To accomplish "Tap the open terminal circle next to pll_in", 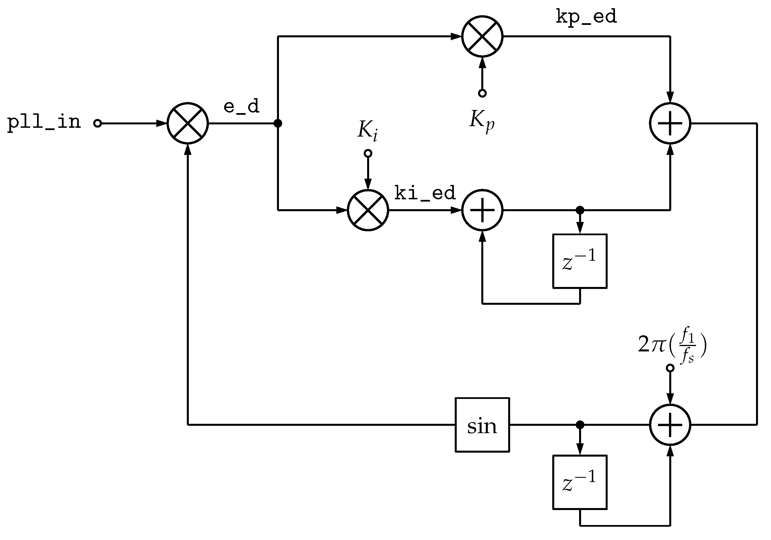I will tap(98, 124).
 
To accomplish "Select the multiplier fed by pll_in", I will tap(188, 124).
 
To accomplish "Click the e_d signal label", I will tap(241, 107).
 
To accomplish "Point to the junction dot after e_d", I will tap(278, 124).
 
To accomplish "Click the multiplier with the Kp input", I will tap(482, 36).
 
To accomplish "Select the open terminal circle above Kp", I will tap(482, 93).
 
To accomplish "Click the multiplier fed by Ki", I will tap(368, 210).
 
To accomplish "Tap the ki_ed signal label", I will tap(425, 193).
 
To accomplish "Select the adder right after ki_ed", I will tap(482, 210).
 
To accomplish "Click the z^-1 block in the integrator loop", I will tap(580, 261).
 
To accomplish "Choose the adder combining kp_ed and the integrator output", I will tap(670, 124).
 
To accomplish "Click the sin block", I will tap(482, 425).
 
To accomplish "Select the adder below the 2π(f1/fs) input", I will tap(670, 425).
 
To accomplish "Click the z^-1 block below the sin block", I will tap(580, 482).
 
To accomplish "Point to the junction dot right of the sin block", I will tap(580, 425).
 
